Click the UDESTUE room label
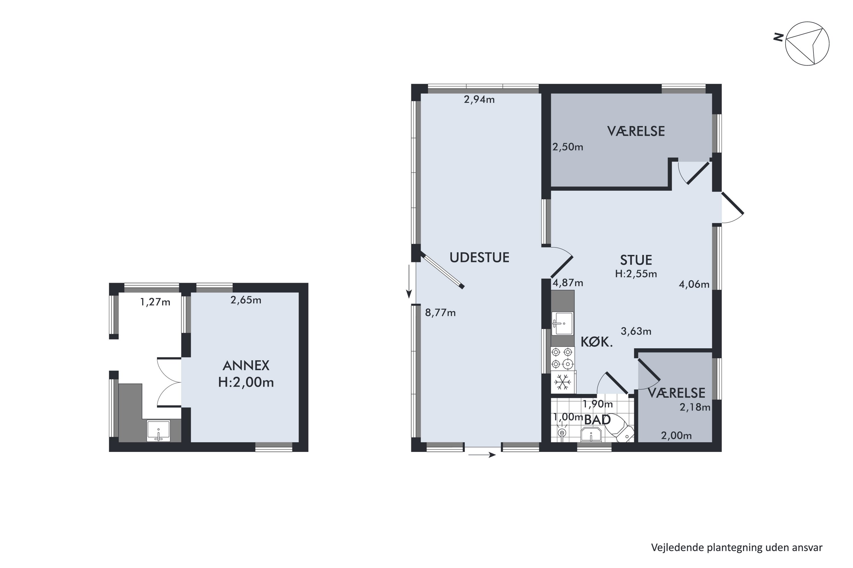479,258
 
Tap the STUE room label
636,260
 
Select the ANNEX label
246,366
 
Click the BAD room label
597,420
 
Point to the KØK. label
597,342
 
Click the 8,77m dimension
440,313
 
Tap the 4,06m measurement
694,284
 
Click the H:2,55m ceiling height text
636,274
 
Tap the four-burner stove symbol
562,358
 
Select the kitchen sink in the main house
562,323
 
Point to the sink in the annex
158,431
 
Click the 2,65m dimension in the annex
246,300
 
